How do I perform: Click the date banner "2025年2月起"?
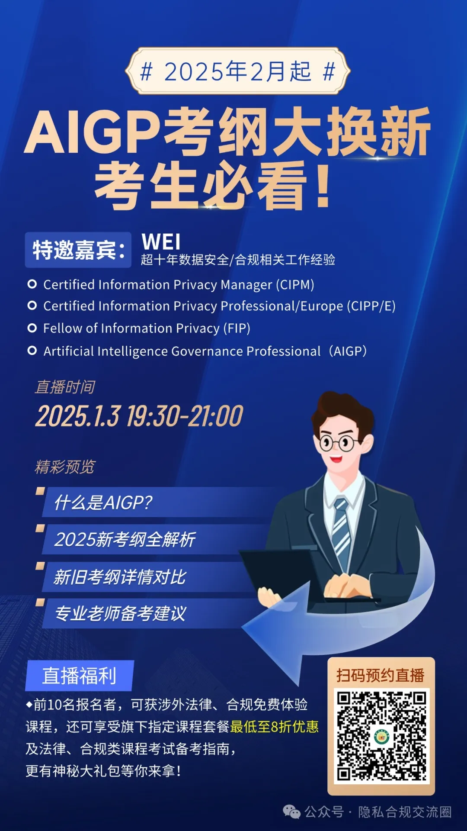coord(237,71)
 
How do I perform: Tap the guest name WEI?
coord(161,242)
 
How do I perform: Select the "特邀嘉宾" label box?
coord(78,250)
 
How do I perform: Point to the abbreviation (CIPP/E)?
coord(371,306)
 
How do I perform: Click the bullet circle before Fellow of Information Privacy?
coord(32,328)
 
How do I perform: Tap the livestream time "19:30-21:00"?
coord(185,416)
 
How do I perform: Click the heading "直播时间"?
coord(65,387)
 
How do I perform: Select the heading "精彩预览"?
coord(65,467)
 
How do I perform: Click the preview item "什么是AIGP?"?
coord(103,502)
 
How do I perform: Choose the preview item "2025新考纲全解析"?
coord(125,540)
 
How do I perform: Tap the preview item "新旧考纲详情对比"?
coord(120,577)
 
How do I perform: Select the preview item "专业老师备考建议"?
coord(120,614)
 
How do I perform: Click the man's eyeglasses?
coord(341,442)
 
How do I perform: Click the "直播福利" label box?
coord(80,676)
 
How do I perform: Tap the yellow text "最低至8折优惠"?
coord(275,727)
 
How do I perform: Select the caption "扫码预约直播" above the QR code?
coord(381,675)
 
